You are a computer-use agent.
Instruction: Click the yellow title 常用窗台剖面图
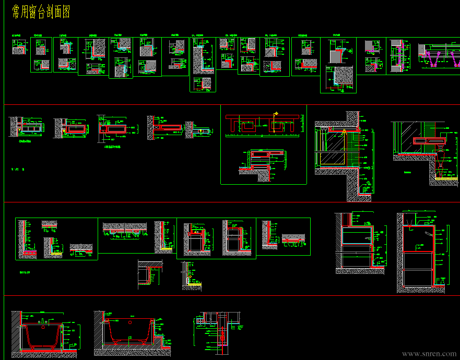(41, 13)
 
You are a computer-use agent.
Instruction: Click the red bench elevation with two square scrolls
(263, 124)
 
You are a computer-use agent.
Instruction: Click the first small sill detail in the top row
(19, 47)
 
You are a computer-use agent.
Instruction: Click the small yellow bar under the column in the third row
(167, 249)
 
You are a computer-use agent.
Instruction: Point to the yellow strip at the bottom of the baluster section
(446, 178)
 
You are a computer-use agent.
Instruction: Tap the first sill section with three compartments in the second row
(32, 127)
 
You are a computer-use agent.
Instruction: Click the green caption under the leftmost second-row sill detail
(26, 141)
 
